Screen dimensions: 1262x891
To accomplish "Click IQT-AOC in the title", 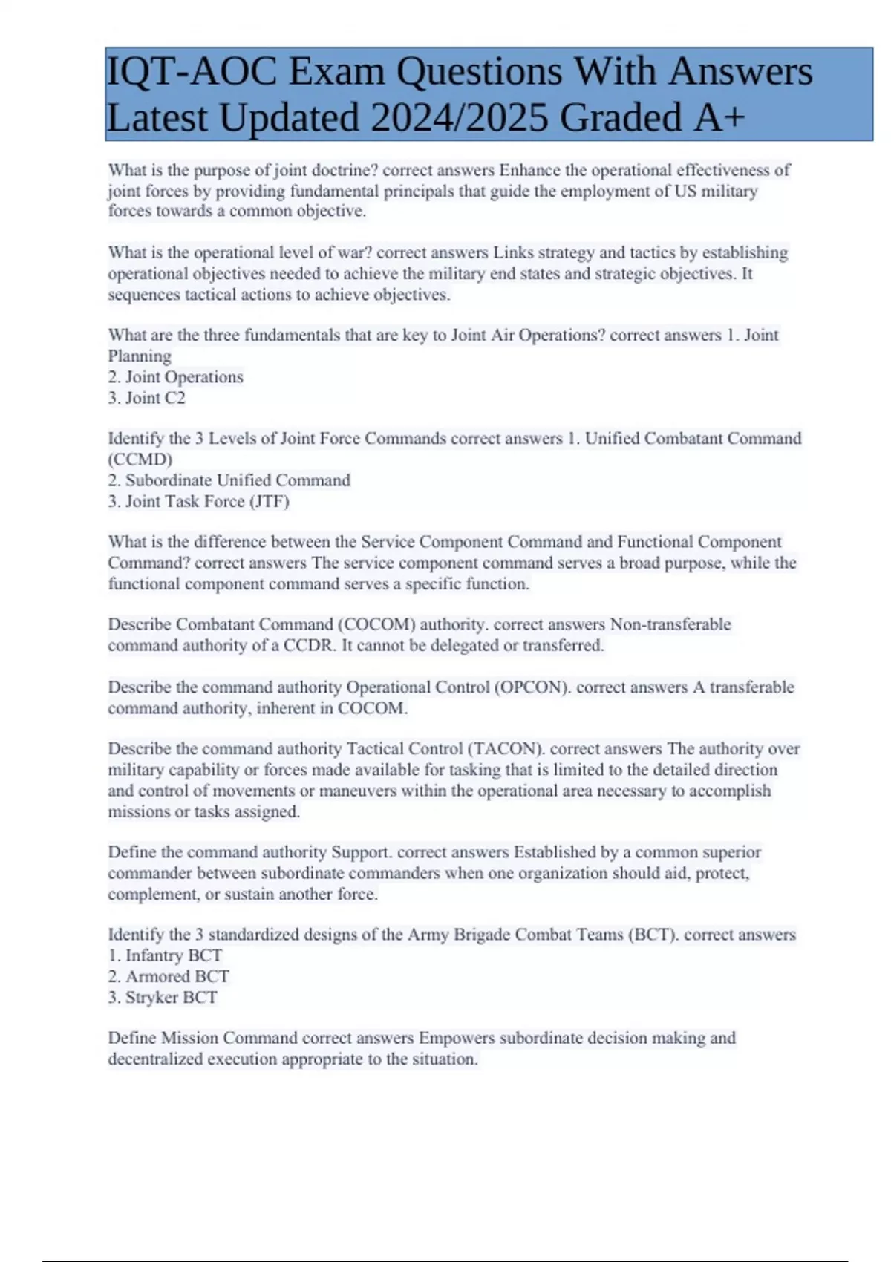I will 192,72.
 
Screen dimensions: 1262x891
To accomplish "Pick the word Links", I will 514,252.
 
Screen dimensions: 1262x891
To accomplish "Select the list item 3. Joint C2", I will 146,398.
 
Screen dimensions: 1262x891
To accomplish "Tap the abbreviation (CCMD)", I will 140,459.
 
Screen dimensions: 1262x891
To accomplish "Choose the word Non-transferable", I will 670,624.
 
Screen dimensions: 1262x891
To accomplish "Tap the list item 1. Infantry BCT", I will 165,955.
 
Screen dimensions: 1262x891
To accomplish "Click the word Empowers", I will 457,1038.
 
